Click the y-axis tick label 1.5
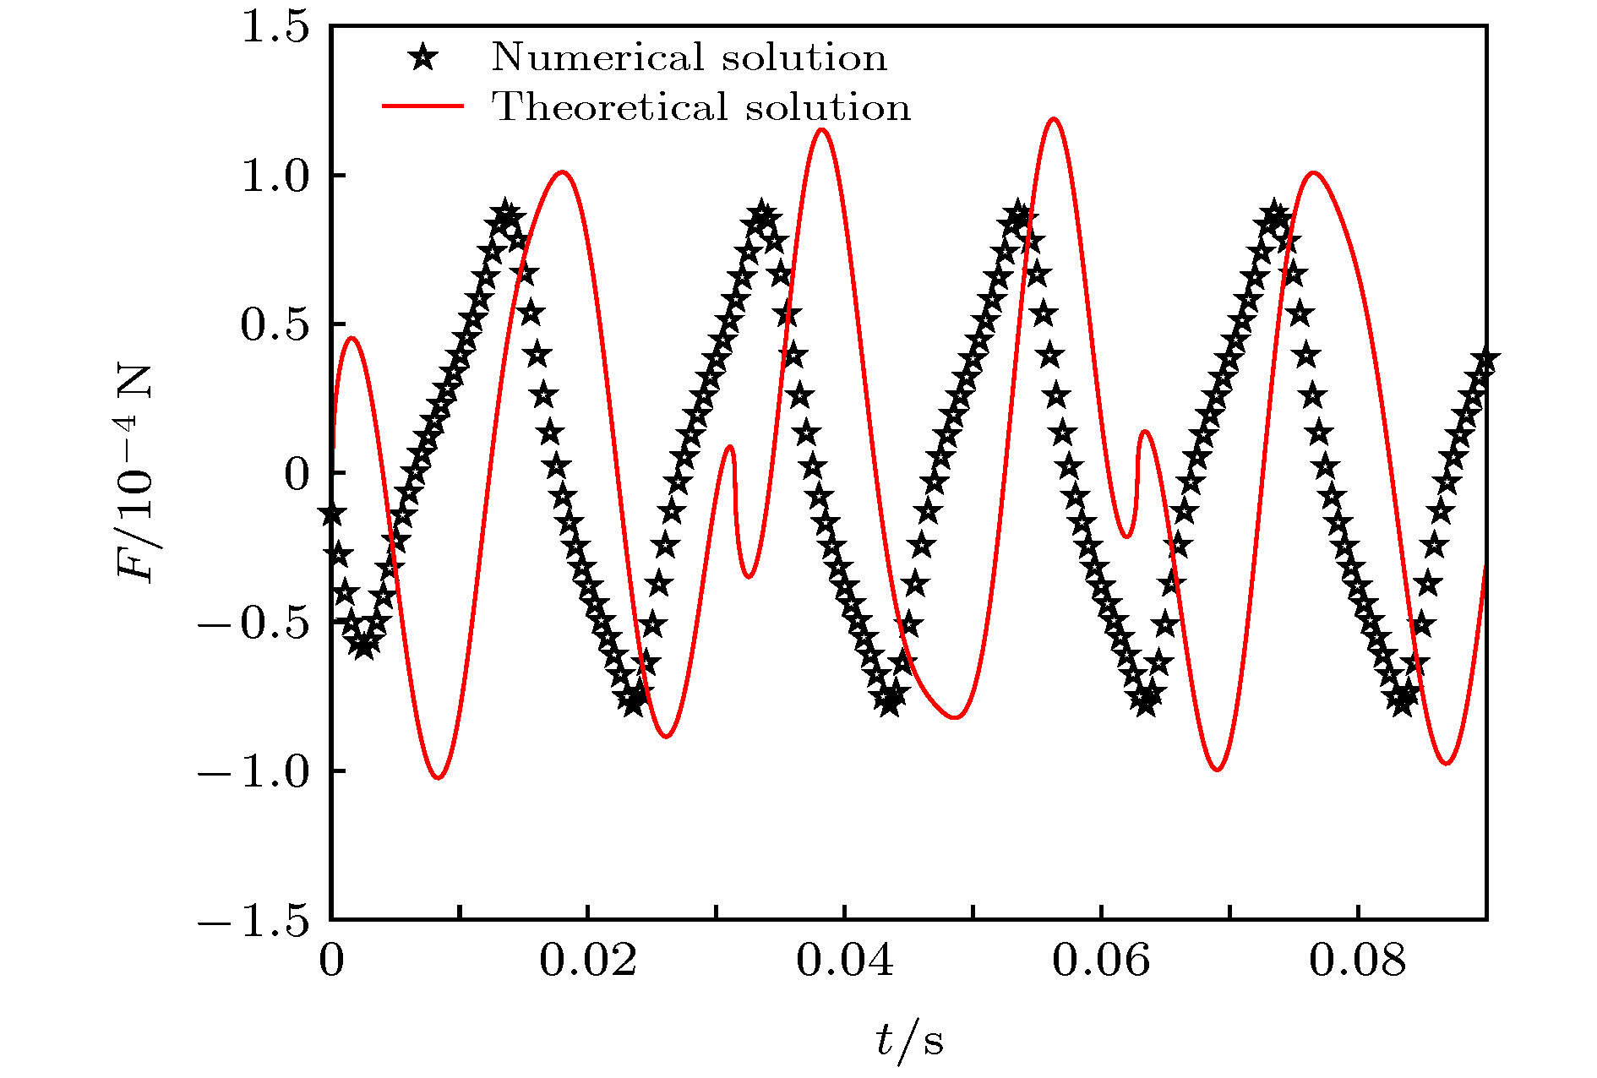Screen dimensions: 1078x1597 coord(274,28)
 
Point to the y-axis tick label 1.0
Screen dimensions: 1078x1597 coord(274,177)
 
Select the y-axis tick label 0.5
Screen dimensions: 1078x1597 coord(274,325)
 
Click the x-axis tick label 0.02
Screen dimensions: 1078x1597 coord(587,961)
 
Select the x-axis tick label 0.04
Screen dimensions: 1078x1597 coord(844,961)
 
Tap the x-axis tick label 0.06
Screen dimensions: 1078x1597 coord(1101,961)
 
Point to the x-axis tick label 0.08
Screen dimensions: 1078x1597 coord(1358,961)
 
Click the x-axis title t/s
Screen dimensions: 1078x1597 coord(908,1040)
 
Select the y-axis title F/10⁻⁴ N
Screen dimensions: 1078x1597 coord(135,473)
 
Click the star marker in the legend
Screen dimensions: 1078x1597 coord(423,58)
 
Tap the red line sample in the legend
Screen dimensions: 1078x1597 coord(423,106)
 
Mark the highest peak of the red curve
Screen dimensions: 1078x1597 coord(1053,119)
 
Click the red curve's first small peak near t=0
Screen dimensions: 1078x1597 coord(352,338)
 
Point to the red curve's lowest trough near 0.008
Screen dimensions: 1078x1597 coord(438,777)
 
